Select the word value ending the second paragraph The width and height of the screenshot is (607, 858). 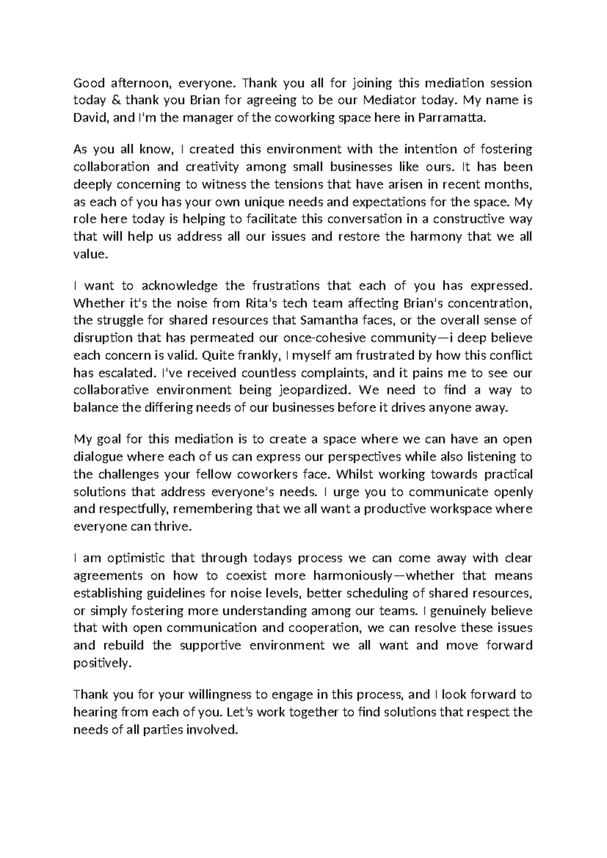(90, 254)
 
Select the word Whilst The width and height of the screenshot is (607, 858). (355, 475)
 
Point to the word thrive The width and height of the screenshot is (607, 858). (176, 527)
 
